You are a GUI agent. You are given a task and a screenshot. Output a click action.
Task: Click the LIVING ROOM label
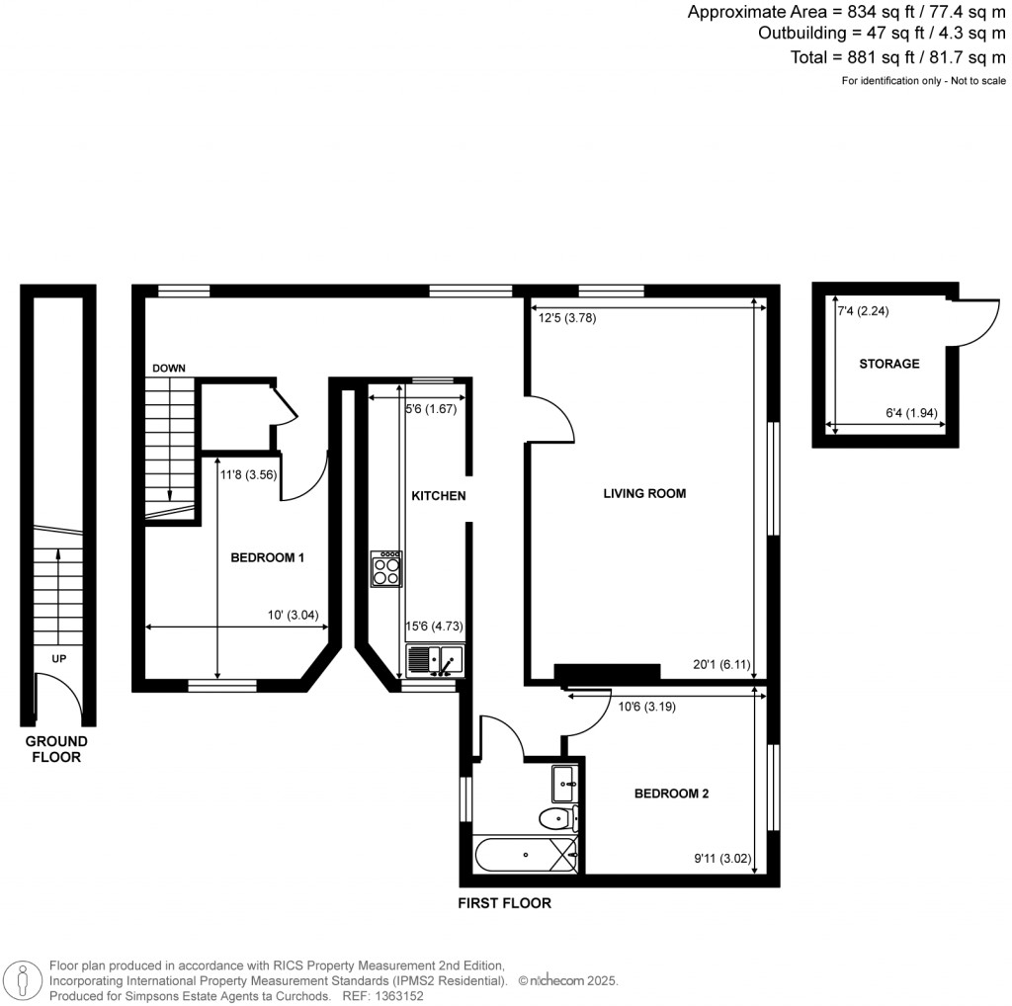(644, 493)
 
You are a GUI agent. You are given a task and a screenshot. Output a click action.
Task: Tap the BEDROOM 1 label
(267, 558)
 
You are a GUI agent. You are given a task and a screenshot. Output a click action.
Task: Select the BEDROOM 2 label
(672, 794)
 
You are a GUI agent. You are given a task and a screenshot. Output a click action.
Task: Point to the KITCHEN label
(438, 496)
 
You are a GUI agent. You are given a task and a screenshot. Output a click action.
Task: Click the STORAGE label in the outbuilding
(888, 364)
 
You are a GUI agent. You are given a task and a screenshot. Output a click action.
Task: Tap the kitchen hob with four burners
(386, 569)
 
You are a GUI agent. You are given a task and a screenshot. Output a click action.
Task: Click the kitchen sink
(433, 658)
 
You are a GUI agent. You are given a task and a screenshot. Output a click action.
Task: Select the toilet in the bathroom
(558, 817)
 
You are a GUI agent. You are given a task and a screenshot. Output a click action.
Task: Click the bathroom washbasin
(566, 783)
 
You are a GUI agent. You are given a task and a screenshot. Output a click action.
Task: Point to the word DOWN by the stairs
(168, 369)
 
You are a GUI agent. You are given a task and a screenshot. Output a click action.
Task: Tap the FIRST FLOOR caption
(504, 903)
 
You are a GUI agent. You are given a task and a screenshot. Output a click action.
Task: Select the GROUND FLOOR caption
(56, 749)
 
